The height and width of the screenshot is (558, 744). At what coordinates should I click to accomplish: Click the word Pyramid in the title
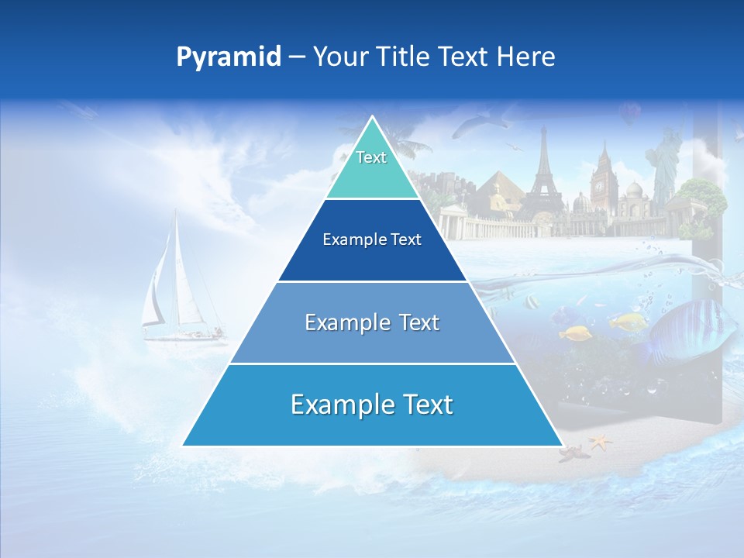click(x=228, y=57)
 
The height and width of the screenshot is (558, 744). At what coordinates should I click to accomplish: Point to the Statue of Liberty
click(x=664, y=163)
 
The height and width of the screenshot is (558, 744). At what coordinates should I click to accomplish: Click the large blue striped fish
click(x=690, y=329)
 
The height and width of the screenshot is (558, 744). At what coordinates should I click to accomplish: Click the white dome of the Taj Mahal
click(x=634, y=191)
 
